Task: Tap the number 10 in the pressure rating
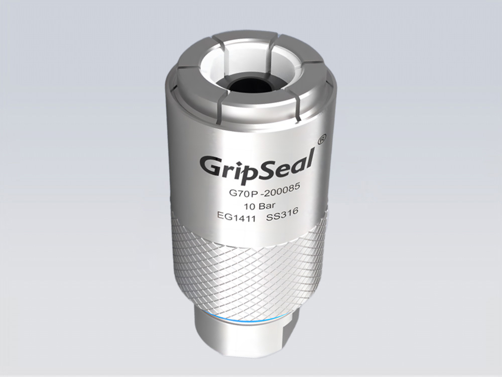[248, 206]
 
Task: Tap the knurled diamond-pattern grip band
[251, 266]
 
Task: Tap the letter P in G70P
[249, 193]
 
